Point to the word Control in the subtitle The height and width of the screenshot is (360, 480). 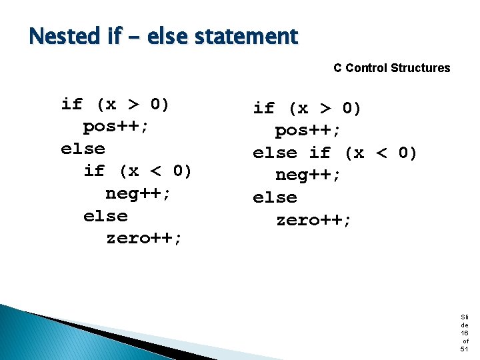coord(367,68)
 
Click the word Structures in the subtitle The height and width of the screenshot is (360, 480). coord(420,68)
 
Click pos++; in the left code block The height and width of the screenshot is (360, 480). coord(116,126)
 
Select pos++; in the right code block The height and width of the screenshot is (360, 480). coord(308,131)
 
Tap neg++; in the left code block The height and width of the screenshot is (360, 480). coord(139,193)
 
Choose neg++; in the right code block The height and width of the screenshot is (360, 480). coord(308,175)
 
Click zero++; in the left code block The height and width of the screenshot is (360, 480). coord(144,238)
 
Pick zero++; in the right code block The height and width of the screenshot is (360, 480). coord(313,220)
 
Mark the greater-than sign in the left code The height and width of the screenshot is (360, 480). coord(133,104)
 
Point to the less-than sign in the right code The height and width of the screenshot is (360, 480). coord(381,153)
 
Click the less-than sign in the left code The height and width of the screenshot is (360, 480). coord(156,171)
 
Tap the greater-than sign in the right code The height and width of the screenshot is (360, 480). coord(325,109)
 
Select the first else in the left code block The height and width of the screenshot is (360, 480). coord(83,149)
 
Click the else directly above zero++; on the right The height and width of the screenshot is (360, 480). coord(275,198)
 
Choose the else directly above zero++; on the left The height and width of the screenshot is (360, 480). coord(105,216)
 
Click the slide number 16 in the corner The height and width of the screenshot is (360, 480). coord(464,333)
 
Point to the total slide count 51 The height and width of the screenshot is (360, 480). coord(464,349)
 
